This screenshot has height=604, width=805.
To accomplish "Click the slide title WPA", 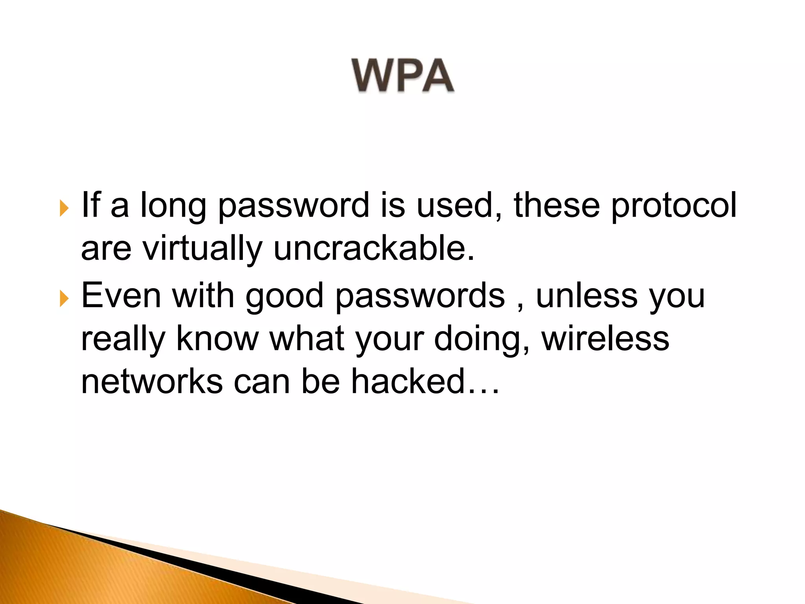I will pos(402,75).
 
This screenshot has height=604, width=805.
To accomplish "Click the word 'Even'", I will pos(121,296).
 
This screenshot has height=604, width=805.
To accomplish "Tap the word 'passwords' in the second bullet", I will pos(420,296).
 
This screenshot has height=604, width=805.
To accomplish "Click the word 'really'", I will pos(123,339).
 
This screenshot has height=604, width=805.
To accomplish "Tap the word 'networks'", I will pos(152,381).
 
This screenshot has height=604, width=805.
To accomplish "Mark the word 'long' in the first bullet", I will pos(173,206).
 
